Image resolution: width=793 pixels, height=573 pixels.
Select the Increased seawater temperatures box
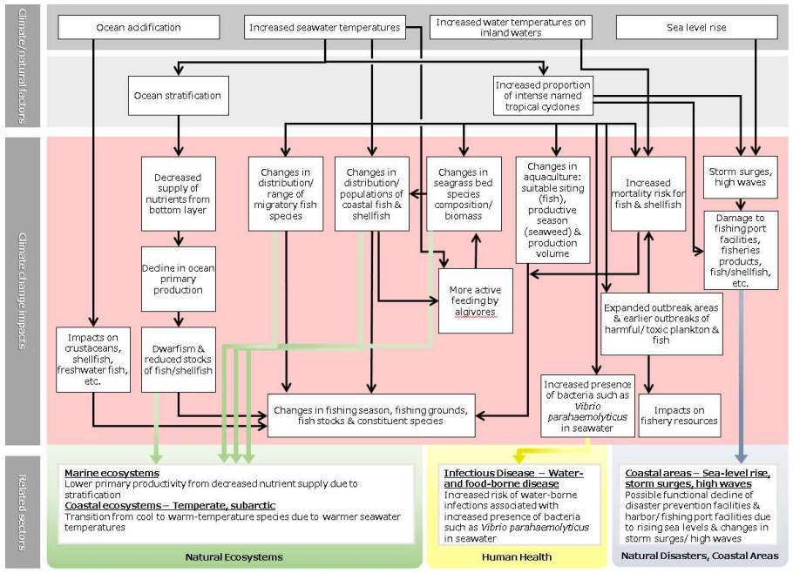tap(323, 27)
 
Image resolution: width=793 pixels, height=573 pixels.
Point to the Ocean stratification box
tap(179, 95)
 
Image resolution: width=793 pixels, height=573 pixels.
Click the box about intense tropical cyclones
tap(542, 95)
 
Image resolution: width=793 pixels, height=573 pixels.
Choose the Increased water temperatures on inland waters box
tap(511, 27)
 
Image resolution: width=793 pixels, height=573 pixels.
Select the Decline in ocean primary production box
tap(178, 278)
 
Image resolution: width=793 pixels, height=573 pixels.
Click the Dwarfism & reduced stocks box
tap(178, 358)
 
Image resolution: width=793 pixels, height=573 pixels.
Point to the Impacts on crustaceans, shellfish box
tap(91, 358)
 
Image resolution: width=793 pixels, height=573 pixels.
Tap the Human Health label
tap(516, 556)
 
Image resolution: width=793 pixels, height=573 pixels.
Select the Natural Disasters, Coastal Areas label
tap(701, 556)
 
